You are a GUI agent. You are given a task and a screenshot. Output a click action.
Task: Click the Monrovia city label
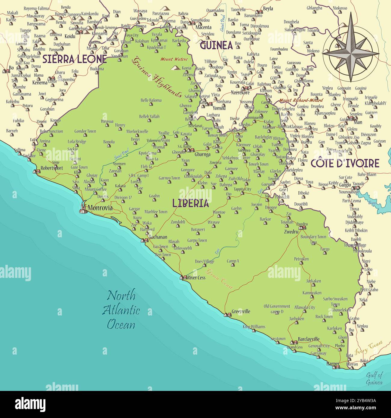[x=100, y=208]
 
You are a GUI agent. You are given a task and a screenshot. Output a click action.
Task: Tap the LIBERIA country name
[x=190, y=203]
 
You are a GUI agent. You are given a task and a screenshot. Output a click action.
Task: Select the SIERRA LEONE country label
[x=74, y=59]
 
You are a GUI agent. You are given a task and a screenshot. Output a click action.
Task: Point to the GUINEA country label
[x=216, y=45]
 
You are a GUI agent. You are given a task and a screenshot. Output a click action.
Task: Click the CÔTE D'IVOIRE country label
[x=345, y=163]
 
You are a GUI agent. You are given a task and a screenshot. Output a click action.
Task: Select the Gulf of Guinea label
[x=374, y=379]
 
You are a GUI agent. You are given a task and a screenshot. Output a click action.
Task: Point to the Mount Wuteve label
[x=174, y=59]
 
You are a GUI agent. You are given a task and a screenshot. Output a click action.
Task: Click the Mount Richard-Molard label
[x=301, y=100]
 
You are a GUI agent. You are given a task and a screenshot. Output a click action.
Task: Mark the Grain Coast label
[x=220, y=279]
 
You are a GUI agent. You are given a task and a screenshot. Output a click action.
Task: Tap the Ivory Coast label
[x=368, y=347]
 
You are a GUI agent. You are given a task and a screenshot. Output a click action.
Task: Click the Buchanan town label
[x=158, y=237]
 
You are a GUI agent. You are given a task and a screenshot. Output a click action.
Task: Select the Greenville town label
[x=241, y=312]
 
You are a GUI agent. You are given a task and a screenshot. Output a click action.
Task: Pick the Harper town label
[x=333, y=364]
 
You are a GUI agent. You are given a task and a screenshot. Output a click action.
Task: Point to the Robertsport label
[x=52, y=168]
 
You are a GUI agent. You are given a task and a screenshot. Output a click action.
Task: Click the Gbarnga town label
[x=202, y=154]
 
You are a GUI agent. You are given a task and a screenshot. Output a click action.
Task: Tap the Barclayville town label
[x=309, y=339]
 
